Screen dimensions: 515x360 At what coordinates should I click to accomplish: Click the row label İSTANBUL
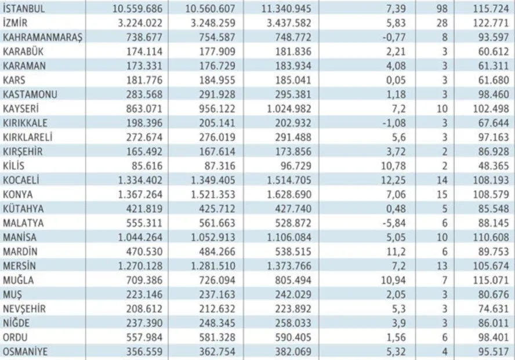point(24,8)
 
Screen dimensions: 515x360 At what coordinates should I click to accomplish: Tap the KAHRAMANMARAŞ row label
point(43,38)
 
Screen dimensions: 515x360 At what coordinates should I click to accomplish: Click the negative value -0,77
point(394,37)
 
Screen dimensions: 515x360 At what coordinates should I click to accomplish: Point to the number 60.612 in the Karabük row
point(494,52)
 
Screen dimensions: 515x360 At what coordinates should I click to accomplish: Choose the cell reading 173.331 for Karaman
point(144,66)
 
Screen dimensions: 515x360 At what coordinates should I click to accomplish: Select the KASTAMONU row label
point(30,94)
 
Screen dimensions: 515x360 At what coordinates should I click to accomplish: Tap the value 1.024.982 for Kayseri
point(289,108)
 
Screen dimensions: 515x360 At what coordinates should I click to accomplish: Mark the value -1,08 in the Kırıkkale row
point(394,123)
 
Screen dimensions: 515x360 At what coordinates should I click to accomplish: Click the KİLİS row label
point(13,166)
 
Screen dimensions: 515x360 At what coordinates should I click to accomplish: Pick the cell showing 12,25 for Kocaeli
point(393,180)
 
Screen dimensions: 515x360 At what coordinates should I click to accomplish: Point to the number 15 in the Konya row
point(442,195)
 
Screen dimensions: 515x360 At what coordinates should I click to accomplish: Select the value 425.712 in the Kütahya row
point(217,209)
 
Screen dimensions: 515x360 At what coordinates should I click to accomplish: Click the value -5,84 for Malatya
point(394,223)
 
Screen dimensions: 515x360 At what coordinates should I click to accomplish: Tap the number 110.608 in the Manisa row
point(491,237)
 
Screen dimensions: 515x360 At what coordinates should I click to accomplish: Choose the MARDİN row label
point(20,252)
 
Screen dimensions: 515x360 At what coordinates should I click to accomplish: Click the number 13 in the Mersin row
point(442,266)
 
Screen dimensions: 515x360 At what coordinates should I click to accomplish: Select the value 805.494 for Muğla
point(293,280)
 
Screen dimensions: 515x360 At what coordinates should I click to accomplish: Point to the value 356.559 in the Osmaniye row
point(144,352)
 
